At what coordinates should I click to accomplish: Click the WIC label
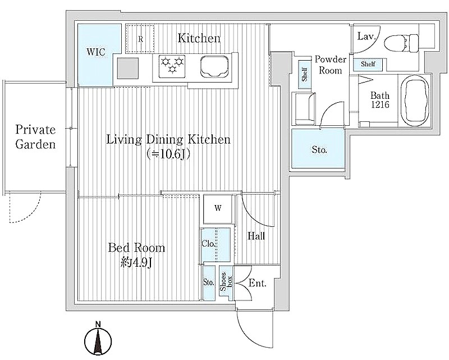(96, 52)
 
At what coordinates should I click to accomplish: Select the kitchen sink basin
(214, 67)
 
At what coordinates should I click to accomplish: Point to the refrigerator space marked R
(140, 39)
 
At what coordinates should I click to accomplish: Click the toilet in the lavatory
(401, 43)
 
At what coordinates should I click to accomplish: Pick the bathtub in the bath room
(415, 101)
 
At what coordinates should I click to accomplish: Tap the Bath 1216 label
(380, 99)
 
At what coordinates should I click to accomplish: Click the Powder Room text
(331, 65)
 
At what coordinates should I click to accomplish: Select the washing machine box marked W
(218, 209)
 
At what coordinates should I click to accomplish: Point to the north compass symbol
(98, 340)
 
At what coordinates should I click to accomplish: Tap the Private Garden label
(35, 136)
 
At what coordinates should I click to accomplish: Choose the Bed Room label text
(136, 248)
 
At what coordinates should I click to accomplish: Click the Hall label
(256, 236)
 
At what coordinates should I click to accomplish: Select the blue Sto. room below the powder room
(318, 148)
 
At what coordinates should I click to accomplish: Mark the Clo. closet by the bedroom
(216, 245)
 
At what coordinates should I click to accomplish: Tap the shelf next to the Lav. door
(368, 64)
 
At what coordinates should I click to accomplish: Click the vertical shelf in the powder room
(304, 75)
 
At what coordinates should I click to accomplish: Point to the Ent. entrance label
(258, 284)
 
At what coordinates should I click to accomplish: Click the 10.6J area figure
(168, 154)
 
